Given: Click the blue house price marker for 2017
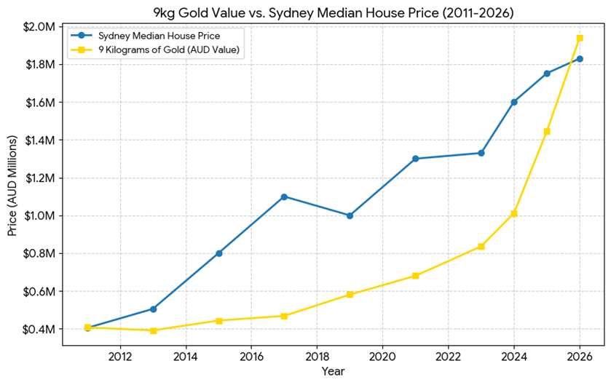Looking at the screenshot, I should click(x=284, y=197).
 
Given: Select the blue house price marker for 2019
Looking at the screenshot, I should click(x=350, y=215).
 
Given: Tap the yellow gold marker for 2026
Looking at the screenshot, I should click(x=580, y=38).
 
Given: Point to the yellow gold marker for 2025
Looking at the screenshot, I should click(x=547, y=131).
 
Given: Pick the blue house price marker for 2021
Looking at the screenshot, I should click(x=415, y=159).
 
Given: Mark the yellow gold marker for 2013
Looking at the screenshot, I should click(x=153, y=330).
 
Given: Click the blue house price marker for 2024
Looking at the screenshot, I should click(x=514, y=102).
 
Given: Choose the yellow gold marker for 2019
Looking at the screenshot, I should click(x=350, y=295).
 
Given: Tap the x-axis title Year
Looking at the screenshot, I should click(x=333, y=371).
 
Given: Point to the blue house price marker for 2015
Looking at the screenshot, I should click(x=218, y=253).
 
